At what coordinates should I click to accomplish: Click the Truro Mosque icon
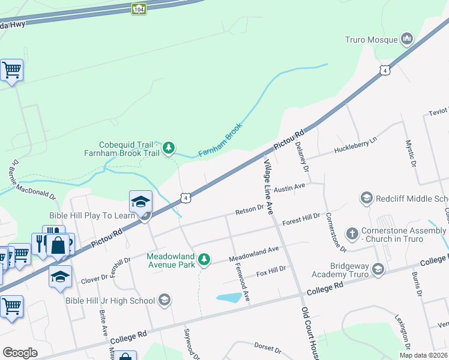(x=408, y=40)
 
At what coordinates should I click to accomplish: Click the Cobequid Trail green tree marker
(x=169, y=147)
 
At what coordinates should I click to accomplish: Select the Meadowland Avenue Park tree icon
(x=205, y=259)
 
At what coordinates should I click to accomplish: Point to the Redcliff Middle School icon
(x=366, y=197)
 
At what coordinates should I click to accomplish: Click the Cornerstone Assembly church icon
(x=352, y=232)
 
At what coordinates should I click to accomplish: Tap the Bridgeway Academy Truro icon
(x=378, y=269)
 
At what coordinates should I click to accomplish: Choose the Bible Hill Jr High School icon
(x=165, y=300)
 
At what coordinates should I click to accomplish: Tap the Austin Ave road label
(x=290, y=188)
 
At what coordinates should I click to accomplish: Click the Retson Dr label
(x=249, y=209)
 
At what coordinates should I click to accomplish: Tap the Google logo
(x=20, y=353)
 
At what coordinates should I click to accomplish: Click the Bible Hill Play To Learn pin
(x=140, y=202)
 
